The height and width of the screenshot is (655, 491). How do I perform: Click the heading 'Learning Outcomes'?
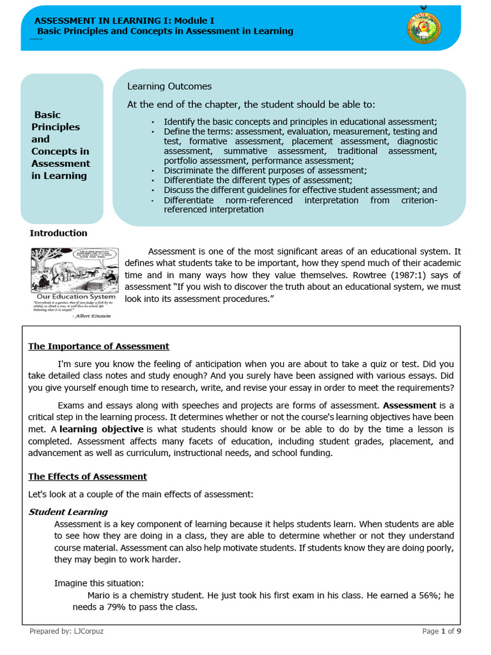tap(169, 86)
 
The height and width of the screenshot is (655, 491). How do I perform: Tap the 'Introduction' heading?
tap(59, 233)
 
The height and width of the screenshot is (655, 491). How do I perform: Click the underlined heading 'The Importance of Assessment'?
tap(98, 347)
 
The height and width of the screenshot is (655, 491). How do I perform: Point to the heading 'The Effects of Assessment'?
tap(88, 477)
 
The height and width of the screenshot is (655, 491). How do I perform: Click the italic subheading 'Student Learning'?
tap(68, 512)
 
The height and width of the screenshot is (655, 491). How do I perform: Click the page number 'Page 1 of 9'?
tap(442, 631)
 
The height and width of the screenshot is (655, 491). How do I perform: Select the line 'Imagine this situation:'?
tap(99, 583)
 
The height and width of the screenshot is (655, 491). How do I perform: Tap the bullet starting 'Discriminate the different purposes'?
tap(265, 171)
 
